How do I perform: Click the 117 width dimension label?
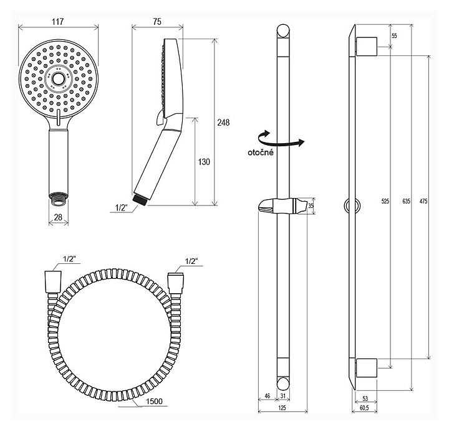tap(57, 21)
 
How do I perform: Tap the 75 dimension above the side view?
tap(157, 22)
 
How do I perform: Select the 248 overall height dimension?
tap(223, 123)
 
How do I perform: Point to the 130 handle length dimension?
tap(204, 162)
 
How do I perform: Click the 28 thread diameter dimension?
tap(58, 217)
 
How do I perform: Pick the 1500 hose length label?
tap(154, 401)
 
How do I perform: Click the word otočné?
tap(261, 153)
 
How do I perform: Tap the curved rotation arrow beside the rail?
tap(281, 139)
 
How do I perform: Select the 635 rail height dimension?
tap(406, 201)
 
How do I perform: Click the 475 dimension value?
tap(423, 201)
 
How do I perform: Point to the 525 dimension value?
tap(385, 201)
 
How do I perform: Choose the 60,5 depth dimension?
tap(364, 408)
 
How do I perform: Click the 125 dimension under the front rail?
tap(282, 408)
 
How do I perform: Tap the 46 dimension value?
tap(267, 396)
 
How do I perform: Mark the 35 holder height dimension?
tap(311, 206)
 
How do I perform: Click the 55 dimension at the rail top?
tap(394, 35)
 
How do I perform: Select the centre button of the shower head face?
tap(59, 79)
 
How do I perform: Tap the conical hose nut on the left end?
tap(53, 281)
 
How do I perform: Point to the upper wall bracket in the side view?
tap(367, 46)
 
